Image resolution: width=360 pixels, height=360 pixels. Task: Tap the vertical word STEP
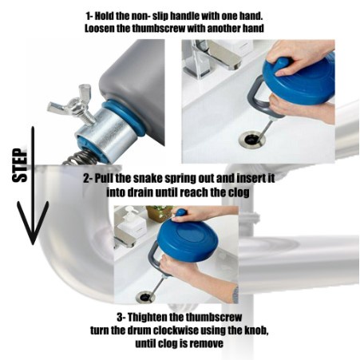(x=20, y=165)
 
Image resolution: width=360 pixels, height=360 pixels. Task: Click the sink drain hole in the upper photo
(x=252, y=139)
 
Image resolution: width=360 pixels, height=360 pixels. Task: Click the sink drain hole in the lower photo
(x=145, y=297)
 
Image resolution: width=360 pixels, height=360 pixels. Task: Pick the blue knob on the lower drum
(x=181, y=213)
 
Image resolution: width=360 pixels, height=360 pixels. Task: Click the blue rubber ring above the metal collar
(x=125, y=117)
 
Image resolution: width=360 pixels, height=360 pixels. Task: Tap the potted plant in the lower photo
(x=160, y=213)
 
